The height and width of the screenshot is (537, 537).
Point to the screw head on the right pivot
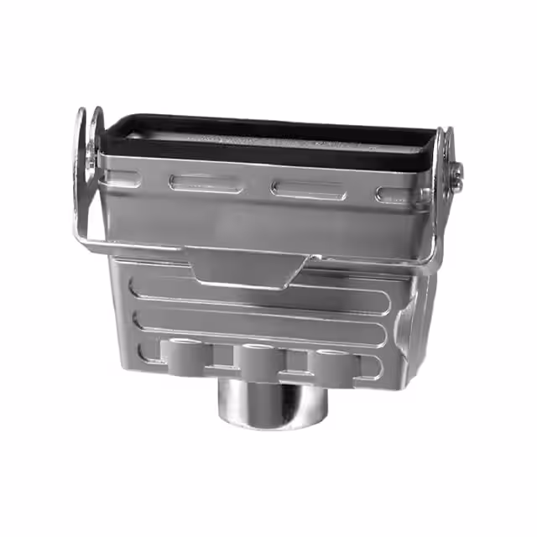click(456, 175)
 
